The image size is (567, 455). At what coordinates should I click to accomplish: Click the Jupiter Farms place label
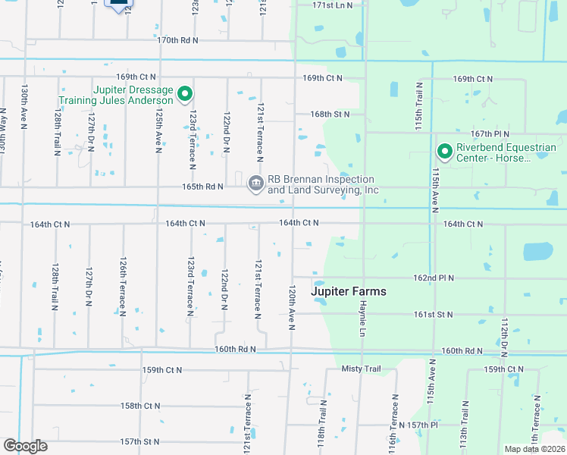tap(349, 291)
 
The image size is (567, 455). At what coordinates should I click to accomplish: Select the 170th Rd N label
tap(178, 39)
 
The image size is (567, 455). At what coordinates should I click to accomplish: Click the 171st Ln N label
tap(333, 5)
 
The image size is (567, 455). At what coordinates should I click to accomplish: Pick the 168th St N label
tap(329, 115)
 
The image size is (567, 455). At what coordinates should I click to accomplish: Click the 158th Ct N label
tap(141, 406)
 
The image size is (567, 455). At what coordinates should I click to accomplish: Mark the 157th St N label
tap(139, 441)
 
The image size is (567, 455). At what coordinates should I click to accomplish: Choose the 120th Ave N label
tap(291, 306)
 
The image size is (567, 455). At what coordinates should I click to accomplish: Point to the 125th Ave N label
tap(159, 130)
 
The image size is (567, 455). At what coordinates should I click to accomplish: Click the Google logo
tap(25, 446)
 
